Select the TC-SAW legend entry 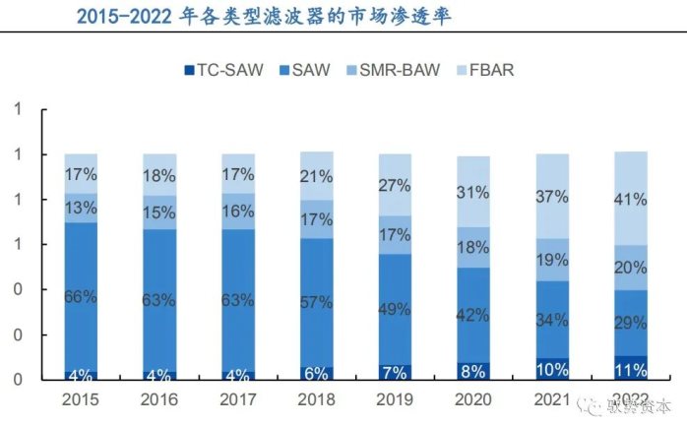click(x=220, y=70)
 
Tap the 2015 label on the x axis click(x=81, y=401)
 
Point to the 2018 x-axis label click(x=316, y=401)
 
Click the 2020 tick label click(x=472, y=401)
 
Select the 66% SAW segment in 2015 click(x=81, y=296)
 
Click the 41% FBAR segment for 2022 click(x=630, y=199)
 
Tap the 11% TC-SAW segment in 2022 click(x=630, y=369)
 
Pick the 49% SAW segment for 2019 click(x=395, y=309)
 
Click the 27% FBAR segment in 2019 click(x=395, y=185)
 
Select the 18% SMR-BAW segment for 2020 click(x=472, y=247)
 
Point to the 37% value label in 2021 click(x=551, y=197)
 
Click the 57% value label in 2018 click(x=316, y=302)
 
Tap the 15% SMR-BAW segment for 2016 click(x=159, y=212)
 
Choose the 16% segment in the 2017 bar click(x=237, y=211)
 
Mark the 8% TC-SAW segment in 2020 click(x=472, y=372)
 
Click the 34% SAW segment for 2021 click(x=551, y=319)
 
